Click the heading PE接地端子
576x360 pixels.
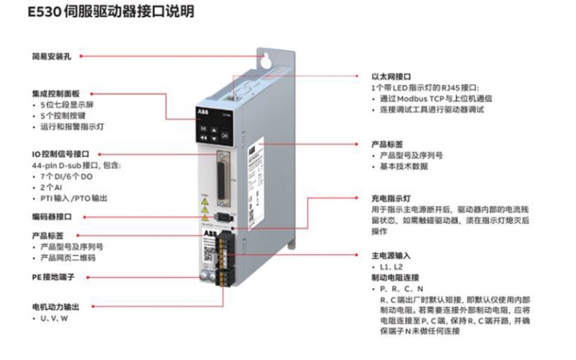click(53, 276)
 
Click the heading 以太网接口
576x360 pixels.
click(390, 76)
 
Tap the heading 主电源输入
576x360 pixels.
click(390, 255)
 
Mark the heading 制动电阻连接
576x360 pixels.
click(395, 276)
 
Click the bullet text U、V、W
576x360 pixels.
click(54, 318)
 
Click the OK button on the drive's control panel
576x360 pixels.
click(225, 135)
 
